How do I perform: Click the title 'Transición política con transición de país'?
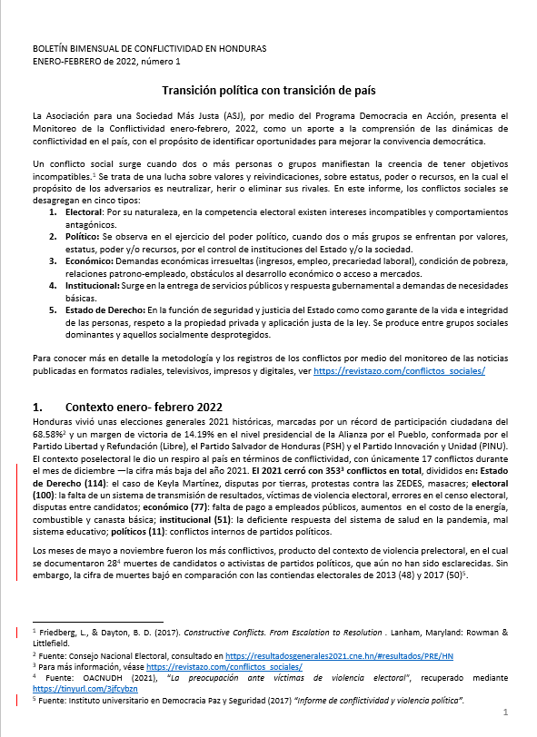[x=268, y=91]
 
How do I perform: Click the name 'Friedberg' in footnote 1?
[x=61, y=631]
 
